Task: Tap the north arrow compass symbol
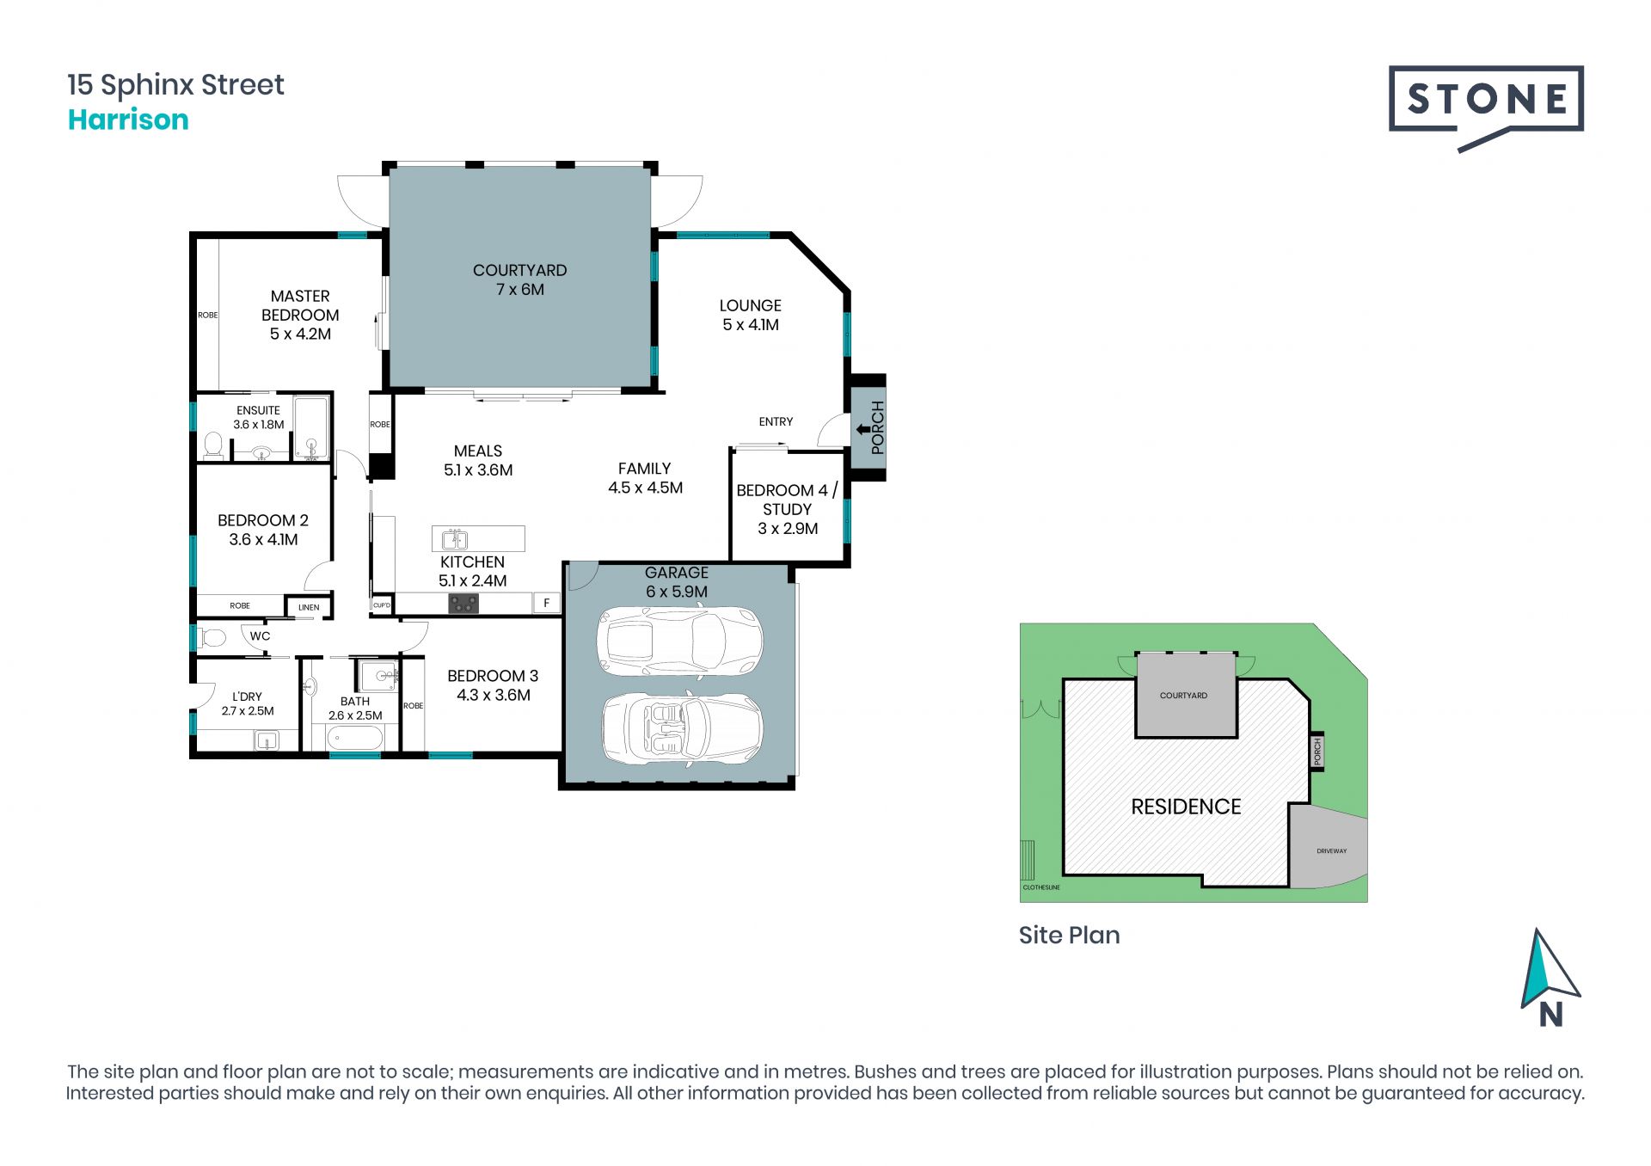click(x=1550, y=978)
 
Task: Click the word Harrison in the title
click(x=128, y=120)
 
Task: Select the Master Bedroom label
click(x=300, y=315)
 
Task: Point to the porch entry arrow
click(x=862, y=429)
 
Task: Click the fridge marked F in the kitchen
click(x=546, y=603)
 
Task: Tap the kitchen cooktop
click(x=463, y=604)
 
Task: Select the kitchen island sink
click(x=454, y=539)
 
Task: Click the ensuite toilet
click(x=213, y=445)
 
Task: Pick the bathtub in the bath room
click(x=355, y=738)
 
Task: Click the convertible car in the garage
click(x=681, y=727)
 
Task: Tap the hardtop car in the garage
click(x=679, y=641)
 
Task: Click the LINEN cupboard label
click(x=309, y=607)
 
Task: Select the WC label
click(x=260, y=636)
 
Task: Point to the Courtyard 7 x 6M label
click(x=520, y=279)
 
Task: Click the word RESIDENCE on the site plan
click(x=1186, y=807)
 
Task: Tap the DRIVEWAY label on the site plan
click(x=1331, y=851)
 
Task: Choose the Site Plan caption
click(x=1069, y=936)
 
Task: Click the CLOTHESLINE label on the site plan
click(x=1041, y=887)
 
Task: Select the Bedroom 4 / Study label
click(x=787, y=509)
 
